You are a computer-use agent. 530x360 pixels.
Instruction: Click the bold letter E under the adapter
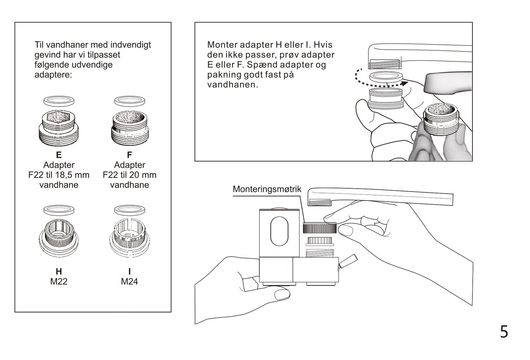pos(59,155)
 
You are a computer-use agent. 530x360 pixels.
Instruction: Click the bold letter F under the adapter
pos(130,155)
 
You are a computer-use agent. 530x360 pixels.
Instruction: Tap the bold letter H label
pos(59,271)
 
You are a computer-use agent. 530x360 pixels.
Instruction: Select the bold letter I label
pos(130,271)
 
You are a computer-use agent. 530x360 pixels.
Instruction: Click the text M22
pos(59,281)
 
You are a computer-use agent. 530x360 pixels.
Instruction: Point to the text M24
pos(130,281)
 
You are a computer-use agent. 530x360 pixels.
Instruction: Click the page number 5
pos(504,332)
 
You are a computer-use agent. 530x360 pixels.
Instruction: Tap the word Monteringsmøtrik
pos(267,189)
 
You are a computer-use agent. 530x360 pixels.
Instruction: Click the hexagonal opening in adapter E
pos(58,117)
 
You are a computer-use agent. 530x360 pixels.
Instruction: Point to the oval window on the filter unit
pos(279,231)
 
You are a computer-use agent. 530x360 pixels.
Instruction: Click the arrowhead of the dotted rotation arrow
pos(405,83)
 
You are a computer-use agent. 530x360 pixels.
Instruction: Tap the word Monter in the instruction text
pos(222,45)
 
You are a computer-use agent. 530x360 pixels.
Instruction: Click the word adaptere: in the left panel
pos(53,75)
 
